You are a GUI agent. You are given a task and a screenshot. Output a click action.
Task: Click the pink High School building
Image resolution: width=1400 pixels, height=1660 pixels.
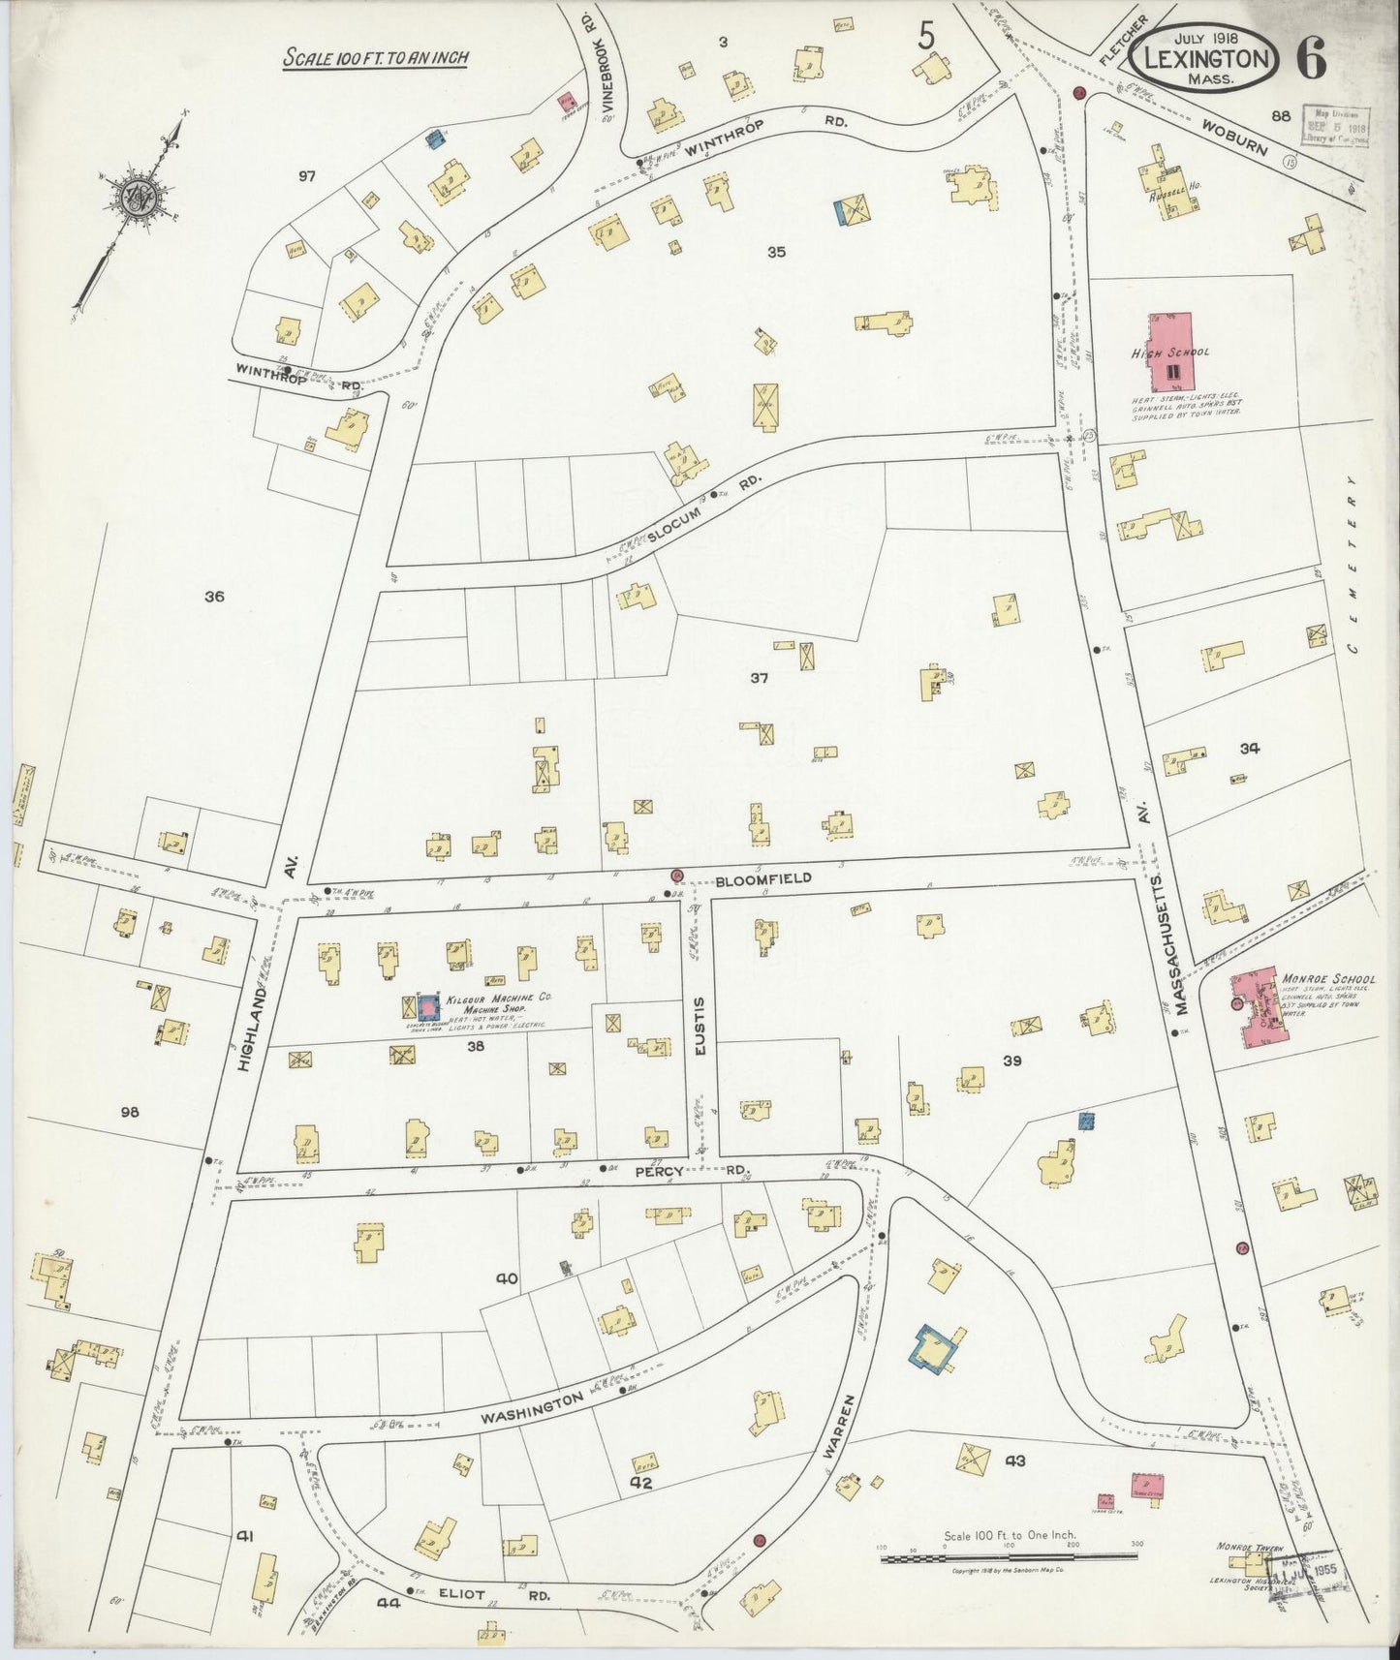[1171, 349]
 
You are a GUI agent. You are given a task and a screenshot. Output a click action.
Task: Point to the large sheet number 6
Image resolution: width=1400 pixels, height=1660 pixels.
[1312, 59]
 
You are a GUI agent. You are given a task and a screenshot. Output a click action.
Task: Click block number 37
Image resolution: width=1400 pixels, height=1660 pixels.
[759, 678]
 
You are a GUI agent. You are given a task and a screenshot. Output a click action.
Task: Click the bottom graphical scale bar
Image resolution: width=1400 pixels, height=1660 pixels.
[1008, 1555]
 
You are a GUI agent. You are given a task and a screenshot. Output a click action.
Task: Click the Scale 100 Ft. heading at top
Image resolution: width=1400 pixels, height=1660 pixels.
[376, 58]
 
